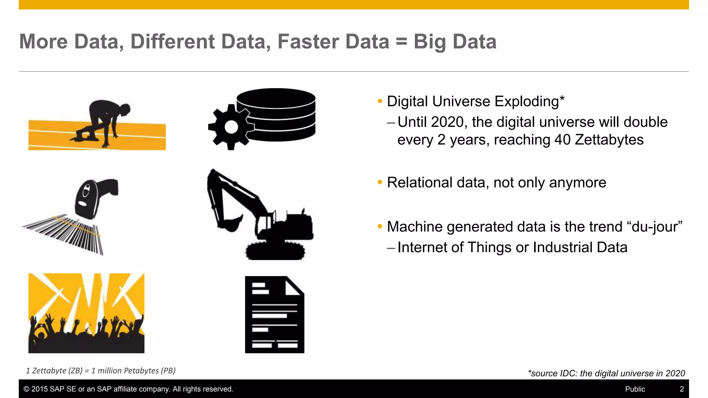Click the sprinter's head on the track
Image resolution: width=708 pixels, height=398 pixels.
123,110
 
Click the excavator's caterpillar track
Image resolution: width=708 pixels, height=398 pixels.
276,251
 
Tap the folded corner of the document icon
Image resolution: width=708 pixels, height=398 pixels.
294,287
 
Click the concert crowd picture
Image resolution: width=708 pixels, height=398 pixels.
86,313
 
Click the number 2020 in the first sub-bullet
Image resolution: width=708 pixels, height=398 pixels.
447,122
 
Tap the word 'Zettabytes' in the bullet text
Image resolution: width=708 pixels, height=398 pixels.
609,140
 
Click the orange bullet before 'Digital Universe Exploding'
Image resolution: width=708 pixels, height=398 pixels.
380,101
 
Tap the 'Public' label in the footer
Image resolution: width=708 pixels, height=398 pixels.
635,389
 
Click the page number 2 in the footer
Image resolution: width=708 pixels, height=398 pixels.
682,389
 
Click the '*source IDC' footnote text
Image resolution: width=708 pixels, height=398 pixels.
606,373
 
